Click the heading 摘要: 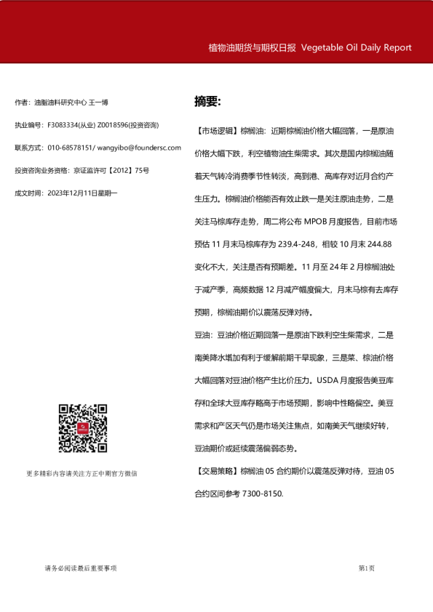(207, 101)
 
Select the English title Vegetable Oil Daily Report (356, 48)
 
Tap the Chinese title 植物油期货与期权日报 (252, 48)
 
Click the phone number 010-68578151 (71, 148)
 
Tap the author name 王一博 (99, 102)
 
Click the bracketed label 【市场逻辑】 (217, 132)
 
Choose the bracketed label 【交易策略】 (217, 472)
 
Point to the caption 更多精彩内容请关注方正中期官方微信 (82, 474)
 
